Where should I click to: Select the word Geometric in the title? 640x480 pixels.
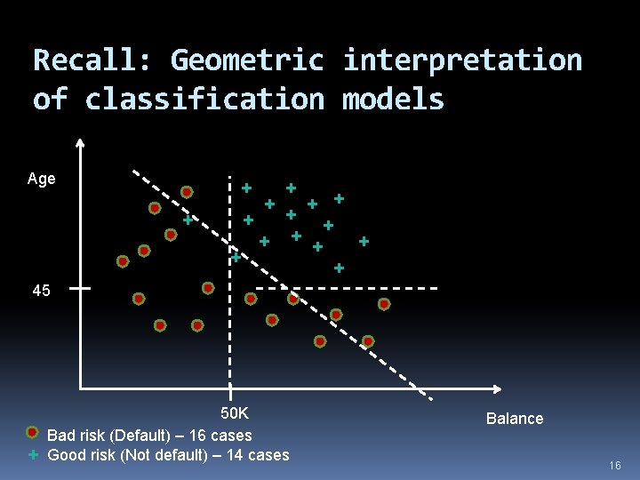(247, 60)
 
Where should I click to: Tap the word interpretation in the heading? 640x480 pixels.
(462, 60)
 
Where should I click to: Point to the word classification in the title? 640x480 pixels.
(205, 99)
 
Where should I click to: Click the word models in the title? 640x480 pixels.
(393, 99)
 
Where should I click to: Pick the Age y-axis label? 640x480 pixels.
(42, 179)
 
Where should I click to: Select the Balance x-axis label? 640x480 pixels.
(515, 419)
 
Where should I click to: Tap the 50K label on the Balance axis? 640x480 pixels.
(236, 413)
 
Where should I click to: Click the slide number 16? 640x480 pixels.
(615, 466)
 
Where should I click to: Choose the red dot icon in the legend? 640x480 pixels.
(32, 433)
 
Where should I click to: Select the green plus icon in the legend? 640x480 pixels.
(32, 454)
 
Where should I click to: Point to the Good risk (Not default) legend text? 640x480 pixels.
(168, 455)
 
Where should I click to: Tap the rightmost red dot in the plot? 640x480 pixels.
(384, 304)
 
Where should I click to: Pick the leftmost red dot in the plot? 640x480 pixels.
(123, 261)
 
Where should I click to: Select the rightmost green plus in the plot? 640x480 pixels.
(364, 240)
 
